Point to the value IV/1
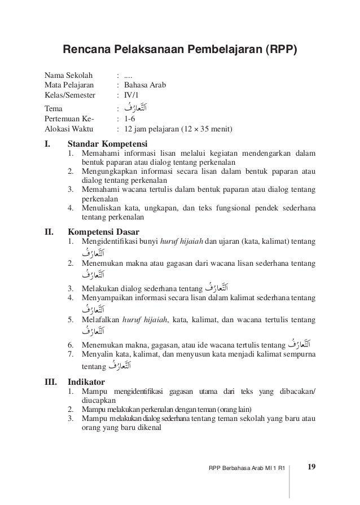pos(131,96)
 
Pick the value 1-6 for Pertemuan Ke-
pos(130,120)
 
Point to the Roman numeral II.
pos(49,231)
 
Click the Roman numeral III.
pos(50,381)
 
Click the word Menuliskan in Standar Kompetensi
pos(102,207)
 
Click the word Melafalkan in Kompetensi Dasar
pos(101,319)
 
